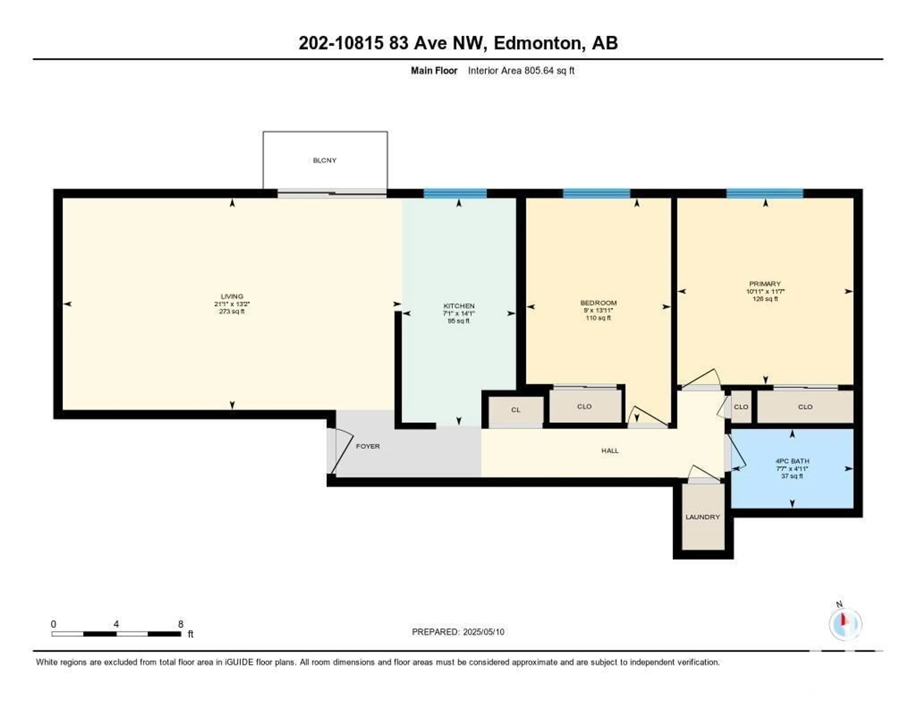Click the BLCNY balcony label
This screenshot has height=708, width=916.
click(325, 160)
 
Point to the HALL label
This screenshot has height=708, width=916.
click(610, 451)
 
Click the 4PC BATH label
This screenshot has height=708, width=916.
click(792, 461)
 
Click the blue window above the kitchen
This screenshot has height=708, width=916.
click(455, 194)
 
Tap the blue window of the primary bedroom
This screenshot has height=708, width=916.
click(765, 194)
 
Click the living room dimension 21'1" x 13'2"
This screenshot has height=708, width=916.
click(232, 304)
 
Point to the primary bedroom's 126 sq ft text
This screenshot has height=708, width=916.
click(765, 299)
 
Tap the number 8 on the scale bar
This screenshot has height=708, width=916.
click(181, 624)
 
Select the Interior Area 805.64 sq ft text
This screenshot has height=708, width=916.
click(521, 70)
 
